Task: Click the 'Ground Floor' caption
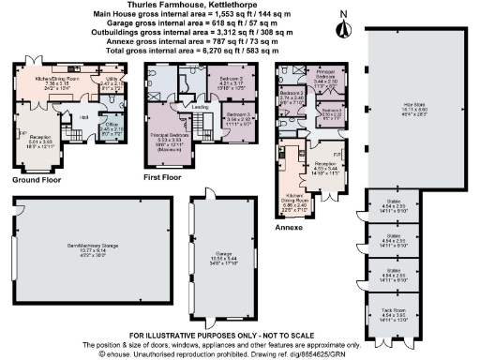tap(37, 179)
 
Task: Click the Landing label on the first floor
tap(200, 106)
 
